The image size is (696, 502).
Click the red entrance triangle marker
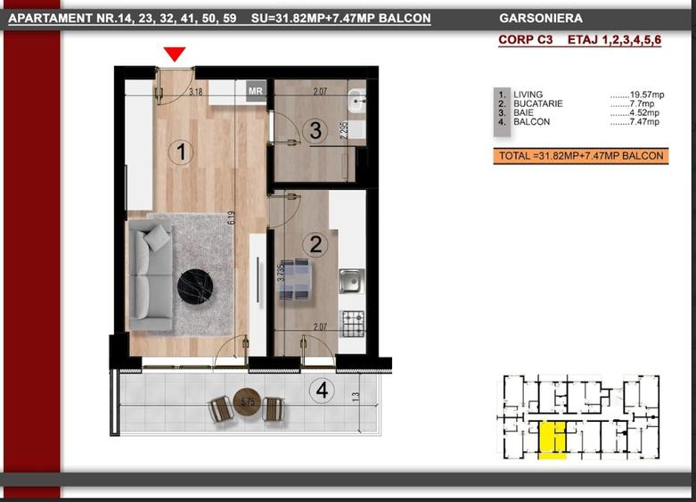coord(175,53)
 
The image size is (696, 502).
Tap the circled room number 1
coord(181,152)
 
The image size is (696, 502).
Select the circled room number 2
coord(315,244)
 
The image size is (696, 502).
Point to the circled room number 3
coord(315,130)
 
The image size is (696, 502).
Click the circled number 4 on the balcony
coord(322,391)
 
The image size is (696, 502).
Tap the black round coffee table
coord(195,286)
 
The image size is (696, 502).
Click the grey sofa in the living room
coord(150,276)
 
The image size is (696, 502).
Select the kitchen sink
coord(351,281)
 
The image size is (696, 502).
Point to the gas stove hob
coord(353,324)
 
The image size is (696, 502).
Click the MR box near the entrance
coord(256,91)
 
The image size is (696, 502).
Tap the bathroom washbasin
coord(356,101)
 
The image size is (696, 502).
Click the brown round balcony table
coord(245,401)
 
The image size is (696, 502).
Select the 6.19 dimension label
coord(231,218)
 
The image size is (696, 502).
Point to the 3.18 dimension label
coord(195,92)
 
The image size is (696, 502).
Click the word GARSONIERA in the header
coord(541,18)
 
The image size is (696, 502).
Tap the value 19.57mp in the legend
coord(637,95)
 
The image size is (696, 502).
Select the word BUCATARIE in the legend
coord(538,103)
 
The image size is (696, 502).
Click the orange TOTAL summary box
coord(580,156)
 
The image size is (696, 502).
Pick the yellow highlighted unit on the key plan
coord(553,440)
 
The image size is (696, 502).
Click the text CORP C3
coord(526,39)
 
